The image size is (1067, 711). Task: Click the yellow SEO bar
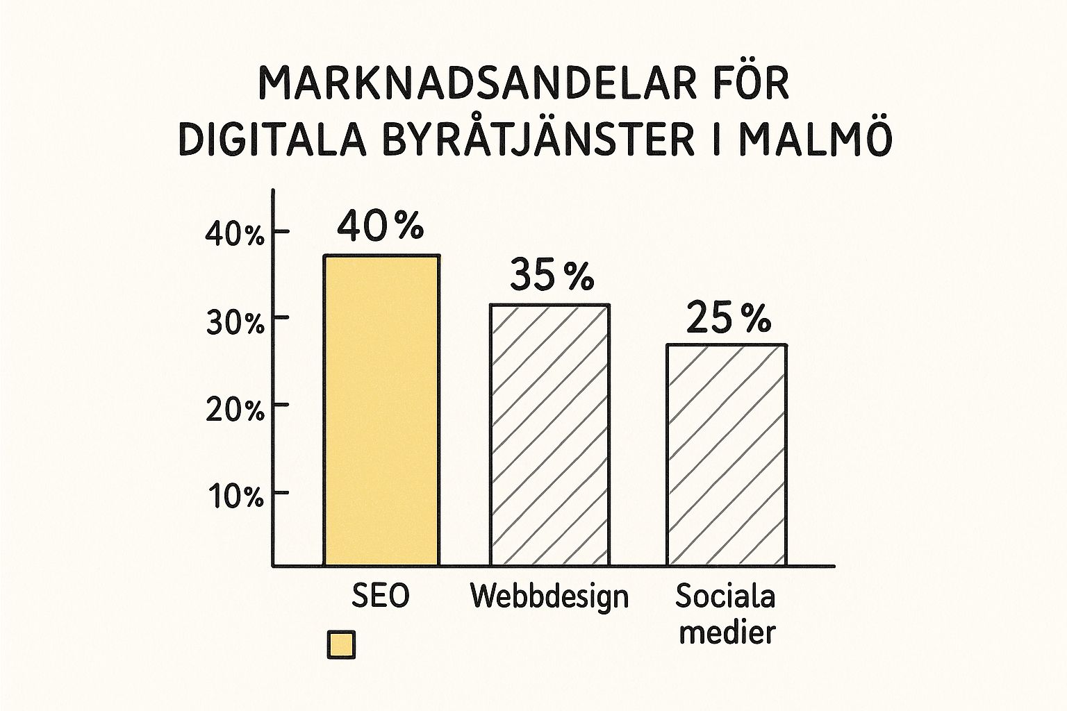point(381,410)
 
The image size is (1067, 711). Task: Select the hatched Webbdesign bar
point(550,435)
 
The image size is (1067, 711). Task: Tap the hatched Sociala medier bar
point(727,454)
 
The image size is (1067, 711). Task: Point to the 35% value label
point(552,275)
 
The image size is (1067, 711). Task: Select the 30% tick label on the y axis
point(235,322)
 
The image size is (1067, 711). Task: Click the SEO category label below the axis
point(381,596)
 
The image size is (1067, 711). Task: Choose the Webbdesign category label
point(549,596)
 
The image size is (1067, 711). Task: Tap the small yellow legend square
point(341,644)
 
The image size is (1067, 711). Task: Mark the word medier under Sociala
point(727,632)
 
